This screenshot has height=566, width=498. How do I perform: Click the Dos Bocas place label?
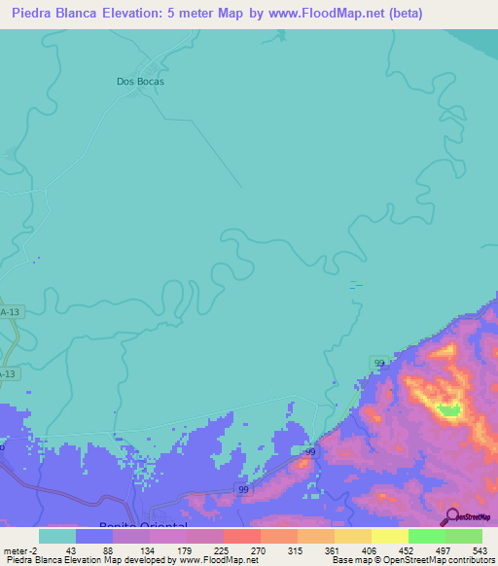point(140,82)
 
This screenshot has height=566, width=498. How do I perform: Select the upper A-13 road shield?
point(10,311)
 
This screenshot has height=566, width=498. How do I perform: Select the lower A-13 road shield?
point(8,373)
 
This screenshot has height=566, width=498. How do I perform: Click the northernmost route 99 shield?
point(378,363)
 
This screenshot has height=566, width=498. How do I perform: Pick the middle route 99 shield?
point(309,452)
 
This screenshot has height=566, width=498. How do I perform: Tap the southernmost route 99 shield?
point(243,489)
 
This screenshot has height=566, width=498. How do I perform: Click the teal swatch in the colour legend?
point(56,535)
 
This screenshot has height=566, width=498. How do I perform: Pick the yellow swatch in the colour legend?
point(389,535)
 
